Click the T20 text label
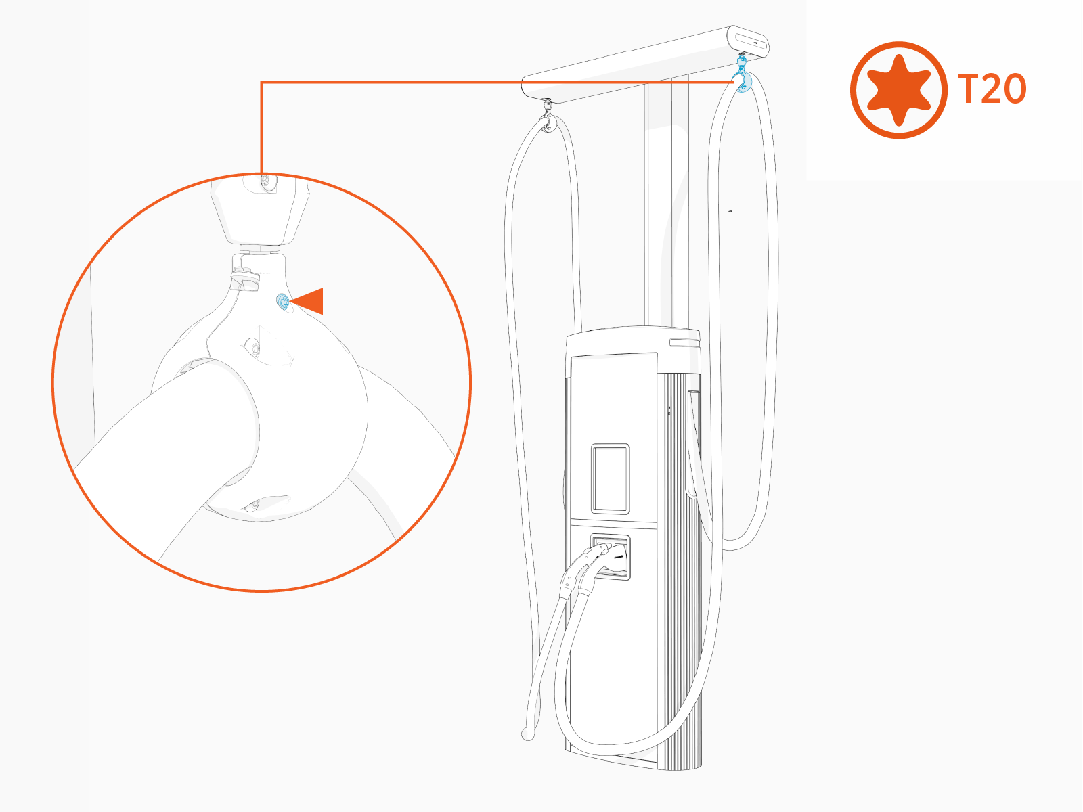coord(992,89)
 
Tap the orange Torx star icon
coord(898,90)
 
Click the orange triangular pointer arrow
coord(307,300)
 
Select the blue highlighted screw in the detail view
coord(283,301)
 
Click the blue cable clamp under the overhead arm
coord(740,76)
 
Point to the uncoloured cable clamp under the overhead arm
coord(548,118)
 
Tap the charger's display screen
coord(611,479)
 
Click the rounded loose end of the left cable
coord(527,735)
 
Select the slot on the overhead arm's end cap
coord(751,43)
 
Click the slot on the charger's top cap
coord(684,342)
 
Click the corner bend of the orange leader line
coord(261,83)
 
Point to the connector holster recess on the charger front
coord(611,556)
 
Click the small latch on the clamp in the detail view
coord(245,279)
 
